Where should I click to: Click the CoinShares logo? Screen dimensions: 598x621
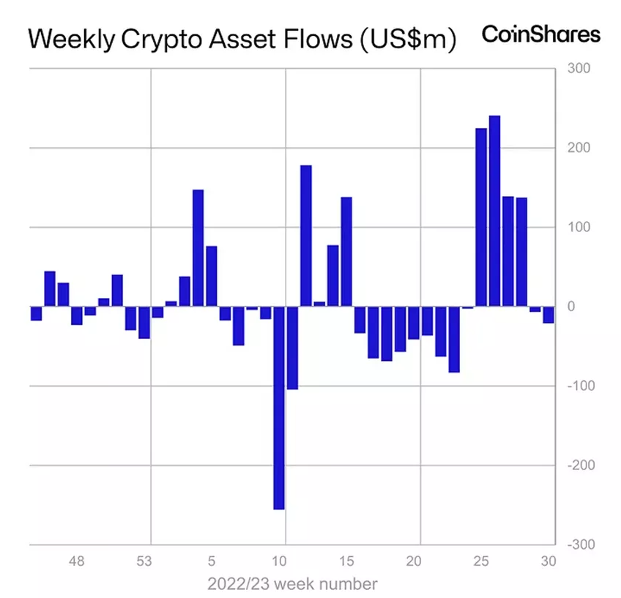click(540, 34)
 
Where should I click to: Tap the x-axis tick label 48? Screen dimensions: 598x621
click(78, 562)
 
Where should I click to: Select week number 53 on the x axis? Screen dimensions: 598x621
click(144, 562)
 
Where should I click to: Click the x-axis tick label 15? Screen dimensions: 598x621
click(347, 562)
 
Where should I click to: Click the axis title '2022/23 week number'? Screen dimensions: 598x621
click(292, 584)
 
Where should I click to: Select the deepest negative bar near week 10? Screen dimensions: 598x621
click(279, 408)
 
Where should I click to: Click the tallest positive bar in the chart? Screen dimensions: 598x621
click(494, 211)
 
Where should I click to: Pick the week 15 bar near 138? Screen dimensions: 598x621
click(346, 251)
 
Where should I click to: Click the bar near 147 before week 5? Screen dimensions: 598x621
click(198, 247)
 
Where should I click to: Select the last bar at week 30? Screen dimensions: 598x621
click(548, 315)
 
